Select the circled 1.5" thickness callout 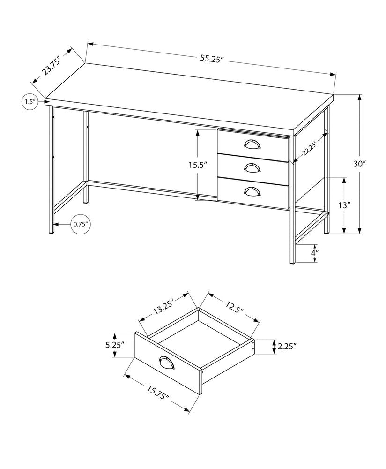point(30,101)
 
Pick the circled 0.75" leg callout point(81,224)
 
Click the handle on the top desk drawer point(253,144)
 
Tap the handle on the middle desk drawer point(253,166)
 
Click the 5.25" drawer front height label point(115,345)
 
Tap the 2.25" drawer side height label point(287,347)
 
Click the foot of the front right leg point(291,262)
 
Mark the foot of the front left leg point(51,232)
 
